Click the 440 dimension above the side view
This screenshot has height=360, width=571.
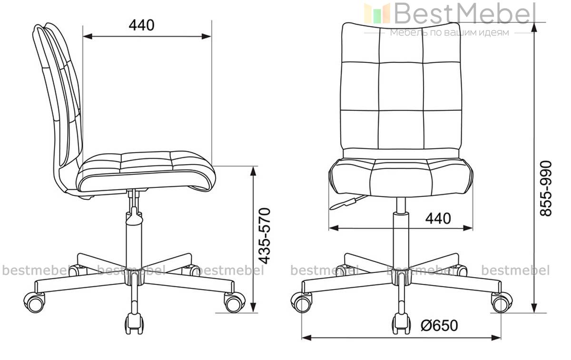(x=141, y=25)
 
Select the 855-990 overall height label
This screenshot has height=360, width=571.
(x=546, y=188)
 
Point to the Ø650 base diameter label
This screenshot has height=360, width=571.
(x=439, y=325)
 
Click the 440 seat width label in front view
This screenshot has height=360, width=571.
(x=438, y=218)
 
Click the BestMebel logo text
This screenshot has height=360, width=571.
(x=465, y=13)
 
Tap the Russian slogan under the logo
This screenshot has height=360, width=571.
(x=449, y=32)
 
